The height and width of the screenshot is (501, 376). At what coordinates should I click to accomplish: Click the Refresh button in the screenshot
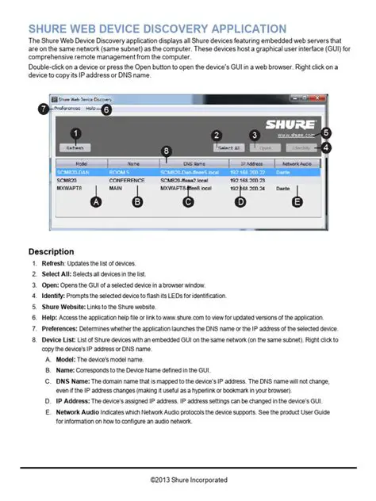tap(75, 147)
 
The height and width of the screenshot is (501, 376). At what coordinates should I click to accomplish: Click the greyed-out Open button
tap(266, 147)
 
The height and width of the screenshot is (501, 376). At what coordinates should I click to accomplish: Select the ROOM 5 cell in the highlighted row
tap(120, 170)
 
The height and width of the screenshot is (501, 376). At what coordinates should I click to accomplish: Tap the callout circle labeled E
tap(297, 203)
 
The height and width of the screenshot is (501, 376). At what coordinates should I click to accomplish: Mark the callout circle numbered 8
tap(165, 150)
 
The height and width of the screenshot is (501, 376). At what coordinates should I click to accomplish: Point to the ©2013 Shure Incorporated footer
tap(188, 480)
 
